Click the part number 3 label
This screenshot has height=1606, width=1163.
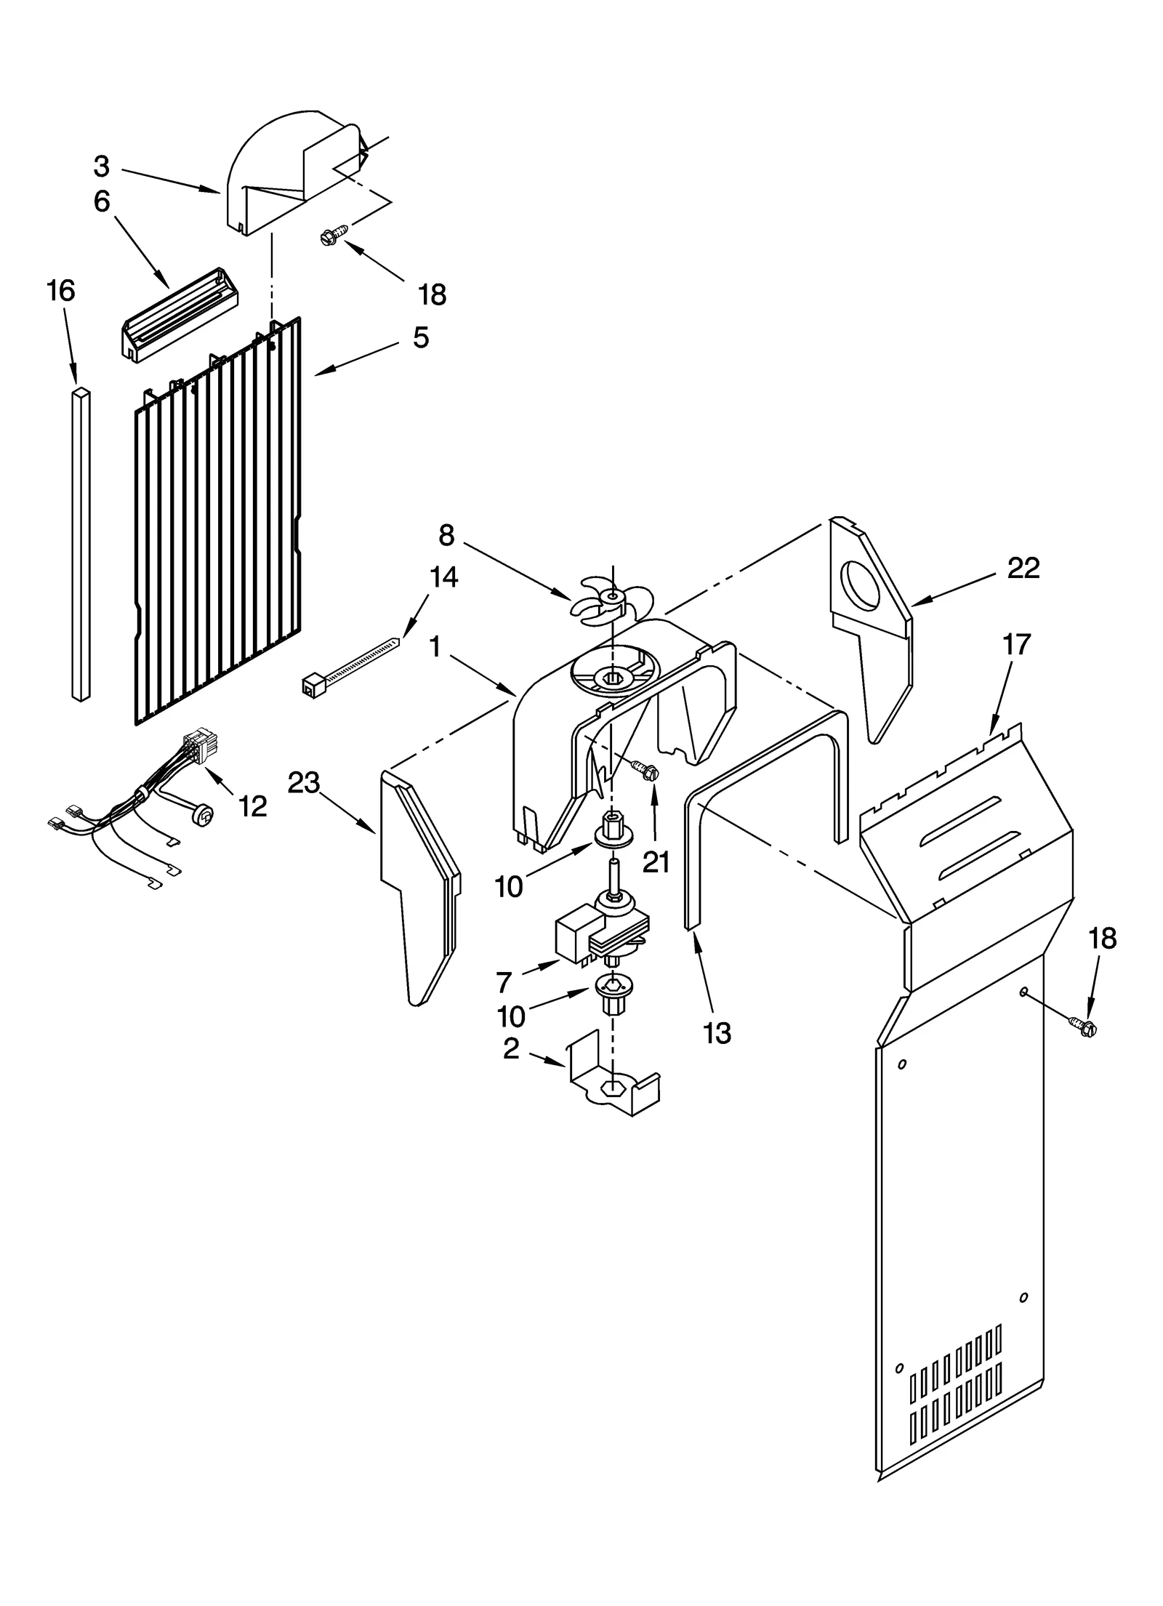pyautogui.click(x=101, y=167)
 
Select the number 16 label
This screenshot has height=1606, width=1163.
pyautogui.click(x=61, y=291)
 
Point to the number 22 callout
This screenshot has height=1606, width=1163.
pyautogui.click(x=1023, y=568)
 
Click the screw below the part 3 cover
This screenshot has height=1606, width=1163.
pyautogui.click(x=335, y=234)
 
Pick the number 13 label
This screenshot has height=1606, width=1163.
pyautogui.click(x=717, y=1033)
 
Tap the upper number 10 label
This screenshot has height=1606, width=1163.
pyautogui.click(x=509, y=887)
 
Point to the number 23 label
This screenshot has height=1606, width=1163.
pyautogui.click(x=304, y=783)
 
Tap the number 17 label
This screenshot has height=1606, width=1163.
pyautogui.click(x=1016, y=644)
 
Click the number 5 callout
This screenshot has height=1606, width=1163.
pyautogui.click(x=421, y=337)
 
